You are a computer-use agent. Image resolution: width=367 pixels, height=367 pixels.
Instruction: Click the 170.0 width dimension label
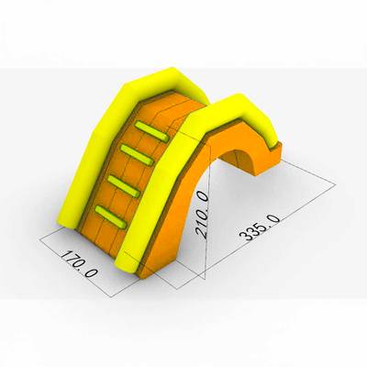click(79, 263)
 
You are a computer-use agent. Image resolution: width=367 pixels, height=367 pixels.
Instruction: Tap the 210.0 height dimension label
click(204, 214)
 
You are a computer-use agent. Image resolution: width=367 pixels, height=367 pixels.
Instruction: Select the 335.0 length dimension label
click(260, 228)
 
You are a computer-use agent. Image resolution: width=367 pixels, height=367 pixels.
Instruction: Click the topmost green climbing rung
click(151, 131)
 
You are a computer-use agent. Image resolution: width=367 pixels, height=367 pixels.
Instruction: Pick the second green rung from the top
click(137, 155)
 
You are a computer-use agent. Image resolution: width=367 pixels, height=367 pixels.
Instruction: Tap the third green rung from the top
click(124, 186)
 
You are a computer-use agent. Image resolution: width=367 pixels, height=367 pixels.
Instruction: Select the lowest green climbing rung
click(110, 217)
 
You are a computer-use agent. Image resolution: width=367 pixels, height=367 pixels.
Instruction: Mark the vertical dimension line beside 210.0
click(208, 211)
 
